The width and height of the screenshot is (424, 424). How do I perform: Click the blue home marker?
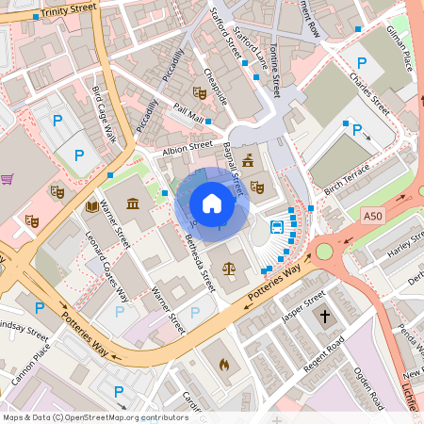[x=212, y=204]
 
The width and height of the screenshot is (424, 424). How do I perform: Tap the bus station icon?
[x=278, y=227]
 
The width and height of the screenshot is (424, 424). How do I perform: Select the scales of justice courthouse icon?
[x=228, y=268]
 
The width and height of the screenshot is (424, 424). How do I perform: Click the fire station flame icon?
[x=224, y=365]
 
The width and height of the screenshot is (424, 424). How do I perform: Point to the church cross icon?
[x=325, y=317]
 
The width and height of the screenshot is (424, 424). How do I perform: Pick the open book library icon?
[x=92, y=205]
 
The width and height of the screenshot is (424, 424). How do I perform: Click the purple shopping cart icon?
[x=8, y=178]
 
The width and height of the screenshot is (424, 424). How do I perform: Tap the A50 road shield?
[x=374, y=216]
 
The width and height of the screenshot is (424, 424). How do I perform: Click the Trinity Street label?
[x=69, y=11]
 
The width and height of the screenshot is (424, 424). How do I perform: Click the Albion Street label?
[x=188, y=147]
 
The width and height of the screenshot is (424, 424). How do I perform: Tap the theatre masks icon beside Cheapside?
[x=199, y=92]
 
